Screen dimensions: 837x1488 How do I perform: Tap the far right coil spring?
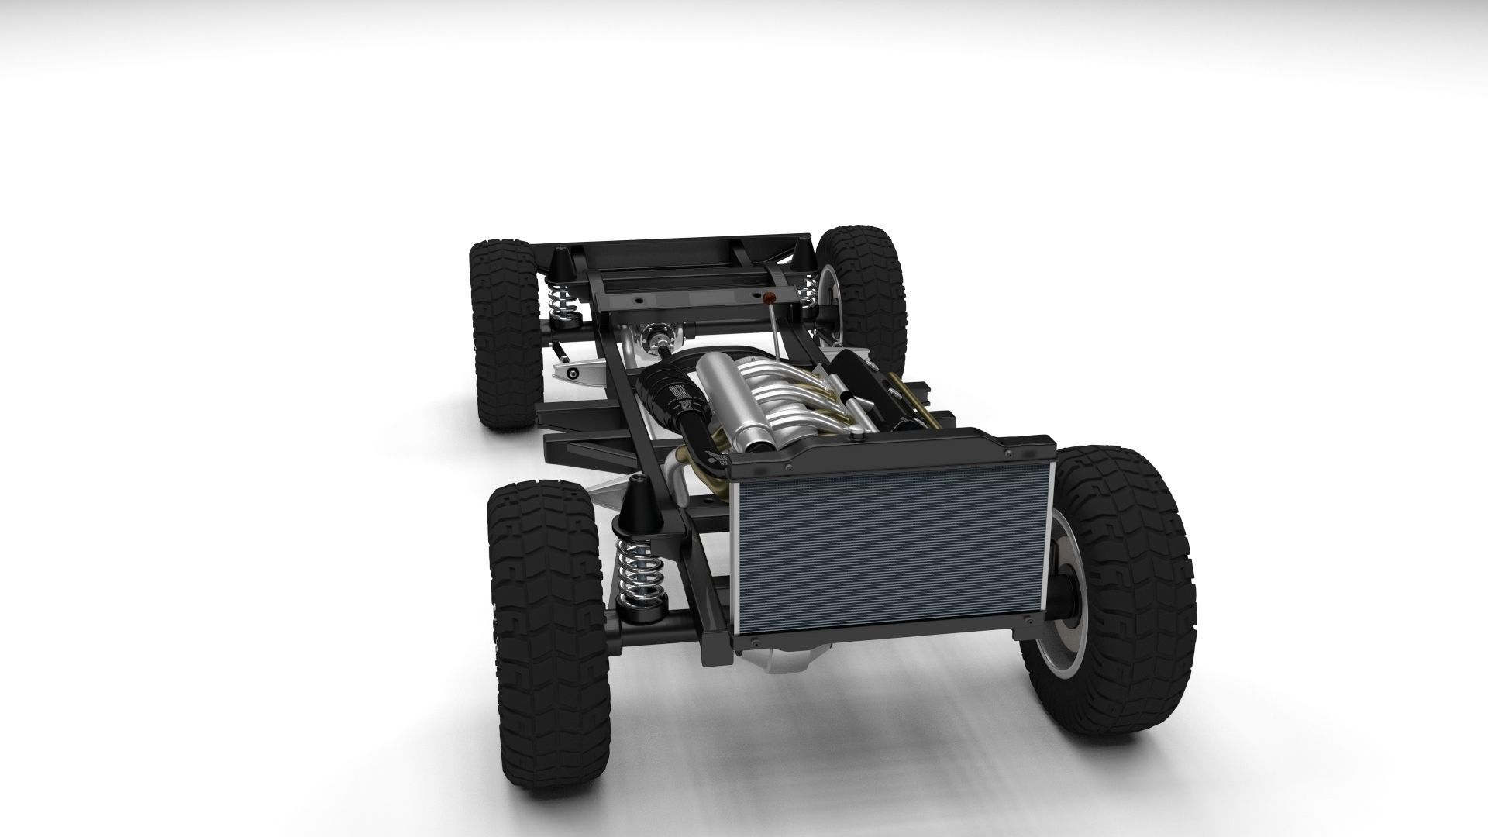click(808, 291)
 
